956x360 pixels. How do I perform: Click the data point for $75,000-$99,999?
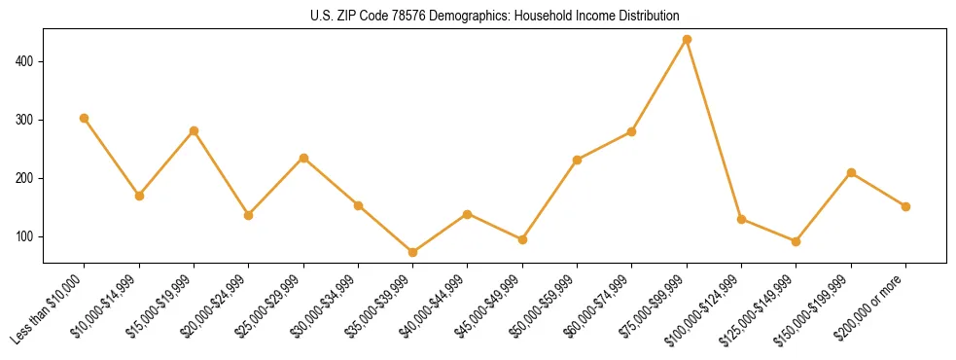(x=687, y=40)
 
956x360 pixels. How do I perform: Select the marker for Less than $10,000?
(x=85, y=119)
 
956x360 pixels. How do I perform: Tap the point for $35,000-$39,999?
(x=413, y=253)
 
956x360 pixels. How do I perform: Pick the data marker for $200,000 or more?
(x=905, y=206)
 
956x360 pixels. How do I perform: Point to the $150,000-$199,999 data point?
(x=851, y=173)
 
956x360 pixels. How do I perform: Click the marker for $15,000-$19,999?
(x=194, y=130)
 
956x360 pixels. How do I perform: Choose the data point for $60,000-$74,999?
(x=632, y=131)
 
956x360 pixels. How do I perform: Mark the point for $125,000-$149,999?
(x=797, y=241)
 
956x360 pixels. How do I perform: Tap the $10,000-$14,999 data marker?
(x=139, y=196)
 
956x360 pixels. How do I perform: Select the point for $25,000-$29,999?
(x=303, y=158)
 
